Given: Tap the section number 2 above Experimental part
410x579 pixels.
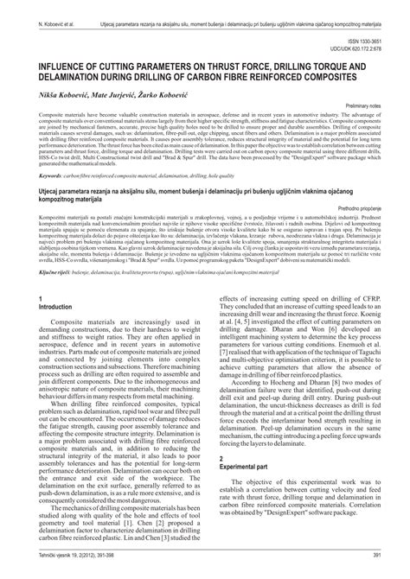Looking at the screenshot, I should tap(221, 455).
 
